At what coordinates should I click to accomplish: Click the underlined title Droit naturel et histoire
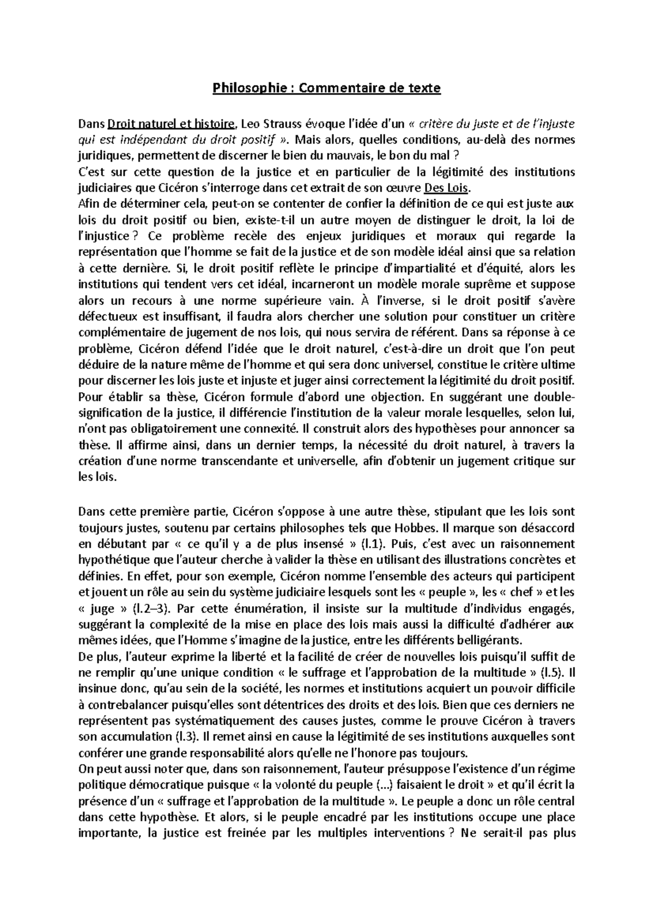173,123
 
